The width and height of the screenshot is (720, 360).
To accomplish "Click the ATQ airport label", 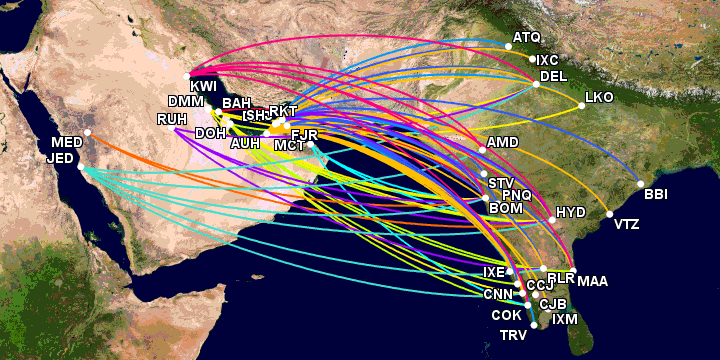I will [x=526, y=38].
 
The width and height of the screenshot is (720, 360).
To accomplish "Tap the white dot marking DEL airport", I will [x=533, y=85].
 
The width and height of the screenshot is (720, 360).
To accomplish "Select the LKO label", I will [x=598, y=99].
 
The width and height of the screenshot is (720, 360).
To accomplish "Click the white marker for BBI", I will [x=639, y=184].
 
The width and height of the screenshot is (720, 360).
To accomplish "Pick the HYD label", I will [x=570, y=213].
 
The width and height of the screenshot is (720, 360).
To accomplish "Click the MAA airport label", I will [x=592, y=281].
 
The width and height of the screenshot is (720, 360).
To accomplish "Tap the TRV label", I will [x=514, y=335].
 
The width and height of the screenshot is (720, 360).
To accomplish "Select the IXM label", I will [x=565, y=320].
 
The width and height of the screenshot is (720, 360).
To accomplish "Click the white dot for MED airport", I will [x=88, y=132].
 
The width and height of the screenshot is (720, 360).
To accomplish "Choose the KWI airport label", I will [x=203, y=87].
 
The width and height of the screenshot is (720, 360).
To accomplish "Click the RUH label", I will [x=171, y=120].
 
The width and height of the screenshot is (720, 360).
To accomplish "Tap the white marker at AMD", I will [x=482, y=150].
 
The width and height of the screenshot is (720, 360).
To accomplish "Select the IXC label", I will [x=548, y=60].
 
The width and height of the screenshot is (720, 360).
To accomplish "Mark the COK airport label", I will [x=506, y=316].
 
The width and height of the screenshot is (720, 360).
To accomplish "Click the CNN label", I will [x=497, y=294].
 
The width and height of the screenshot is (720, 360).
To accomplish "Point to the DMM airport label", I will [x=185, y=102].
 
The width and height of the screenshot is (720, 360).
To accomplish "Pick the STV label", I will [x=500, y=183].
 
